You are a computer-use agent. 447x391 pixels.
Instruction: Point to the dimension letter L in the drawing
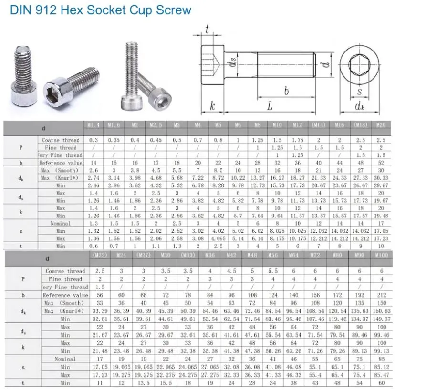(x=269, y=105)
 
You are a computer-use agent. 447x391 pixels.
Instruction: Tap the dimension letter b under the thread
(x=286, y=91)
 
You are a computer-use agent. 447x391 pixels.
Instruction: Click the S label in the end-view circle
(x=359, y=92)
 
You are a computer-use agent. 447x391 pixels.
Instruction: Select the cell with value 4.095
(x=218, y=238)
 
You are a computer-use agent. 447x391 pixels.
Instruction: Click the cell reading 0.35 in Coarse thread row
(x=114, y=140)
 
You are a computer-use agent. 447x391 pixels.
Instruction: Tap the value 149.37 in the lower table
(x=382, y=319)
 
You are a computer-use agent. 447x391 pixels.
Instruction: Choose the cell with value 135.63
(x=360, y=311)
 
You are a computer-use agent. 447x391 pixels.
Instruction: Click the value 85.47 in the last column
(x=382, y=375)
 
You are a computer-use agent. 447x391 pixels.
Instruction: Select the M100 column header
(x=381, y=255)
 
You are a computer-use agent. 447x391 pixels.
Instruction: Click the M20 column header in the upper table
(x=381, y=125)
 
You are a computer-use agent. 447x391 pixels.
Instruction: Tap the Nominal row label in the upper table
(x=61, y=223)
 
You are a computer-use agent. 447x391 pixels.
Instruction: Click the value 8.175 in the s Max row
(x=277, y=238)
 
